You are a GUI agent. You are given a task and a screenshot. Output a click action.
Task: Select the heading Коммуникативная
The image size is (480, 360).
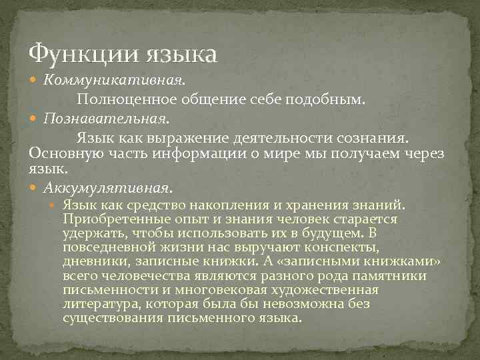coord(114,81)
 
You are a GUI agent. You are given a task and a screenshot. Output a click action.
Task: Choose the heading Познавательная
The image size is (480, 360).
coord(105,119)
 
